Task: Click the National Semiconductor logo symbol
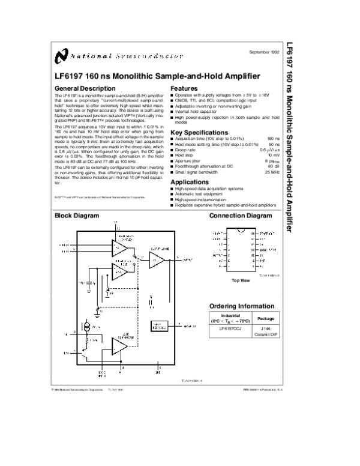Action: point(59,56)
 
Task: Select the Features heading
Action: point(184,88)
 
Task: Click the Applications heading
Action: point(191,181)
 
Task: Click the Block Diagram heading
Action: point(77,215)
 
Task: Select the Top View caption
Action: point(240,280)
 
